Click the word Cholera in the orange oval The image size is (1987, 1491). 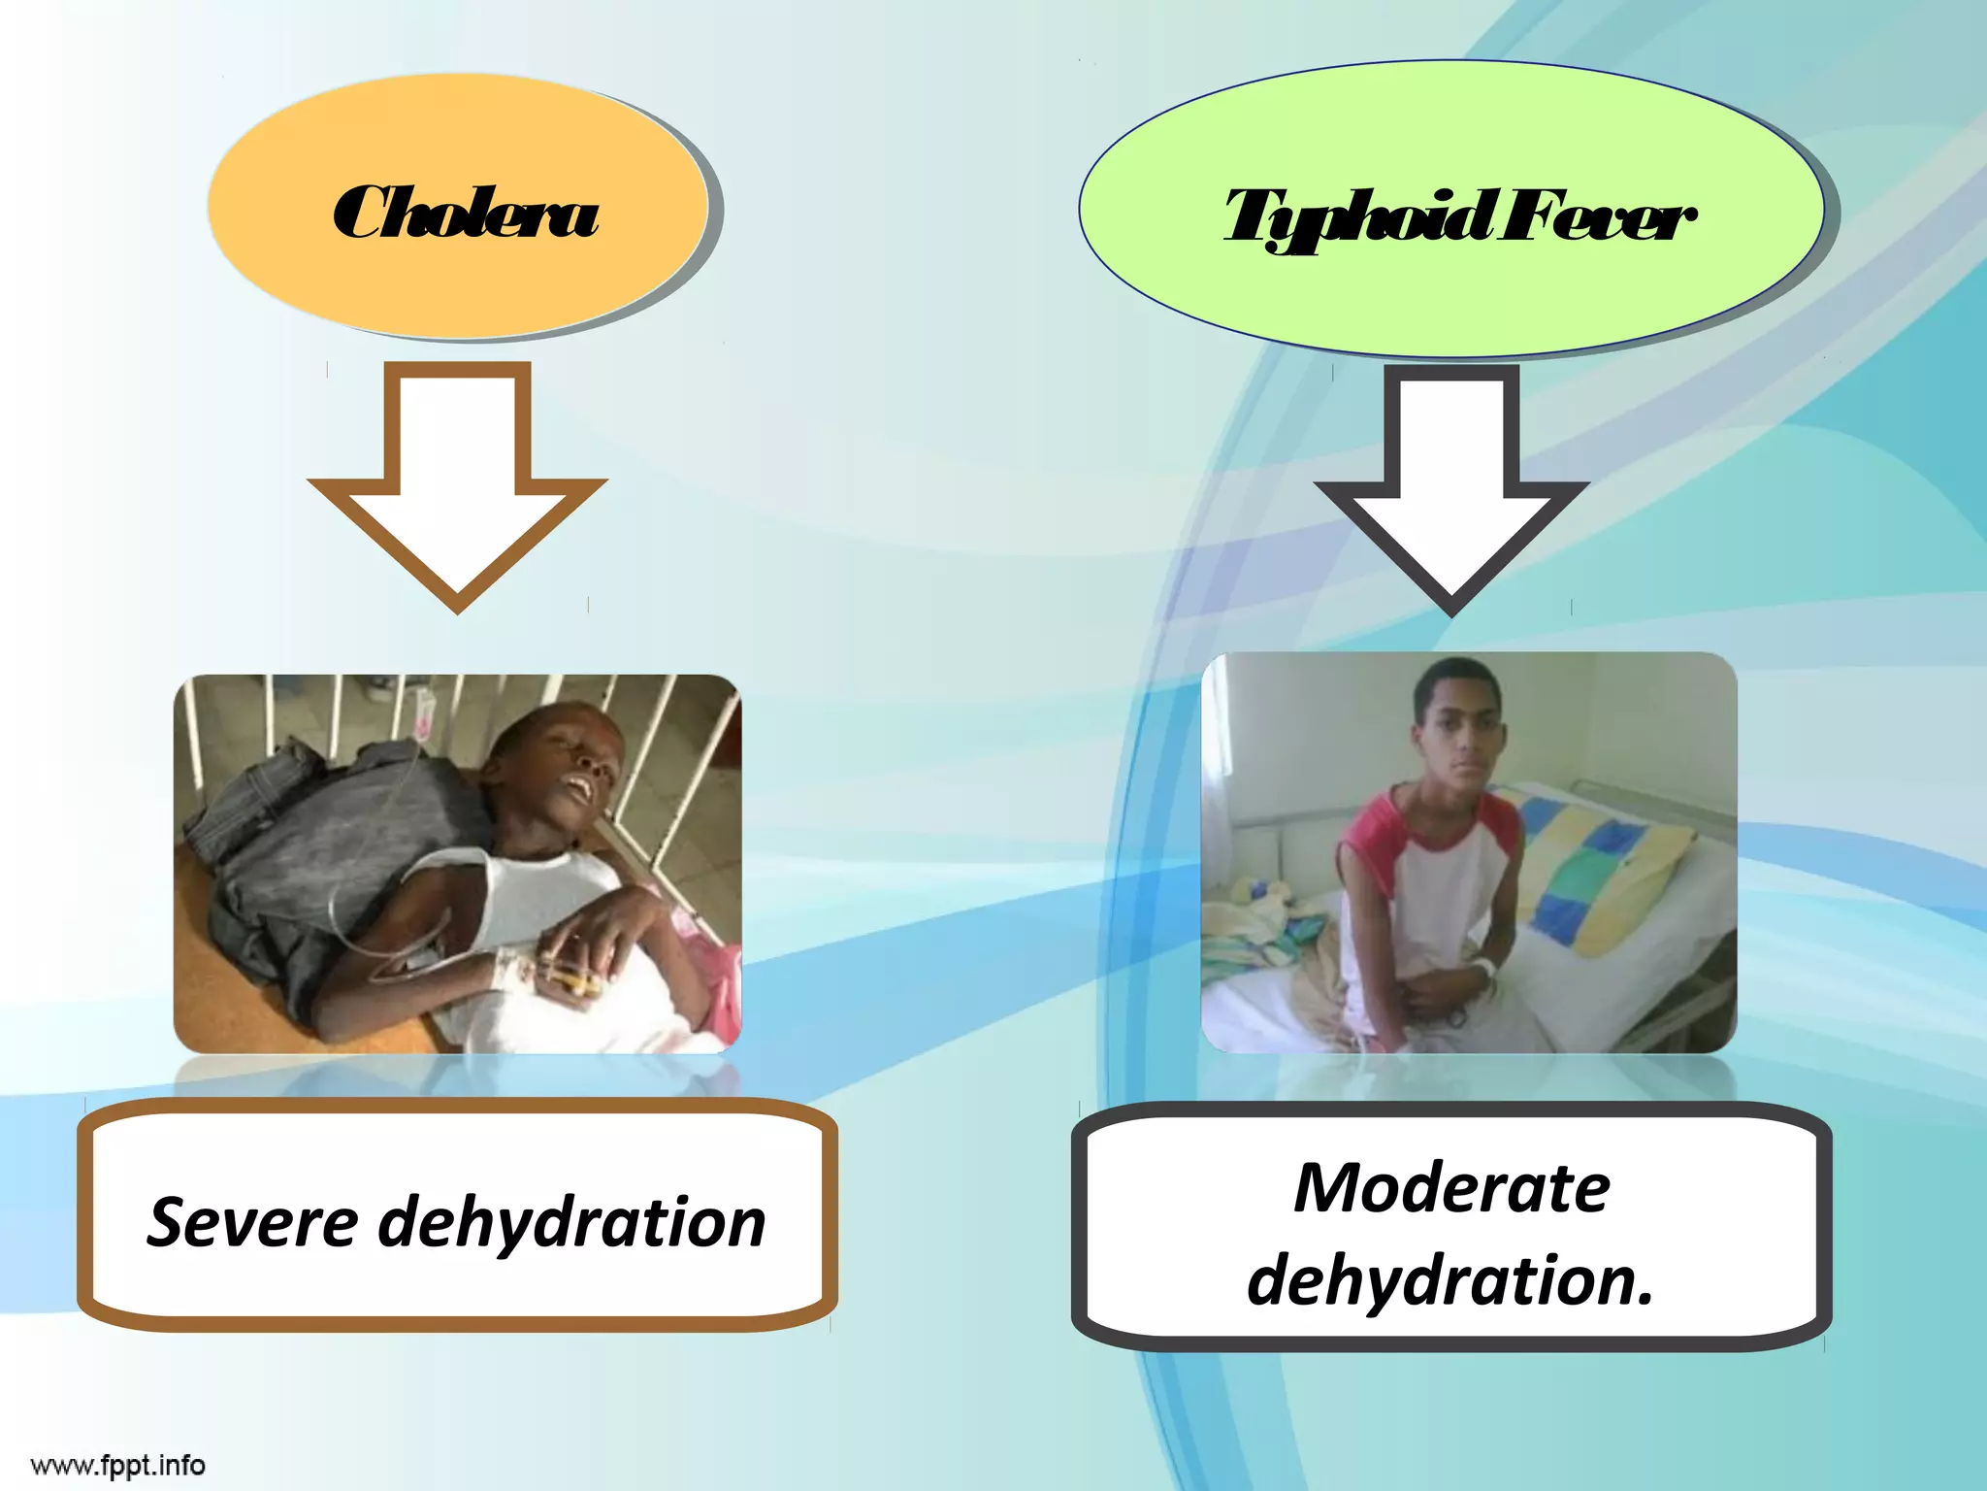[465, 213]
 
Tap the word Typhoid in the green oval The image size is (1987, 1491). [1357, 217]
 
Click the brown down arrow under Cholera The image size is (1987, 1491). [457, 485]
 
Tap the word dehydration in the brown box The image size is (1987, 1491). [571, 1223]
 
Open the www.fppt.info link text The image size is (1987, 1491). [118, 1464]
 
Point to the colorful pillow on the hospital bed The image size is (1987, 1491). [1591, 864]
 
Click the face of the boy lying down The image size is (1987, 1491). [572, 767]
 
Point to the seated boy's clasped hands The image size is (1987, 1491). [1436, 1000]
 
